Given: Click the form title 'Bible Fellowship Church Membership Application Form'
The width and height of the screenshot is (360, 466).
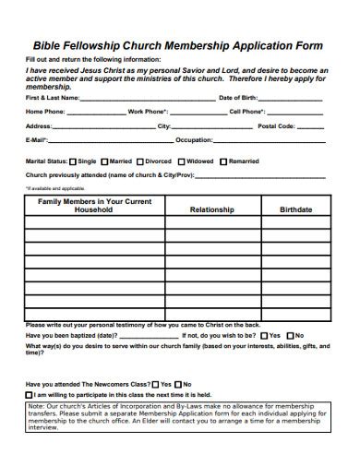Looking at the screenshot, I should tap(179, 42).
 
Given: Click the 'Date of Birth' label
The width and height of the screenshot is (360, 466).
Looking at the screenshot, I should tap(239, 97).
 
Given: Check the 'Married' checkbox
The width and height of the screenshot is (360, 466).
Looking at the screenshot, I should tap(104, 161).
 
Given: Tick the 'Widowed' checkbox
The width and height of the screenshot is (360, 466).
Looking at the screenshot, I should tap(181, 161).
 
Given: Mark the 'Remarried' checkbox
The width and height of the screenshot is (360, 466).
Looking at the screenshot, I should tap(222, 161).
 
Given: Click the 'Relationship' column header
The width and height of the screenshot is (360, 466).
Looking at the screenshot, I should tap(211, 210).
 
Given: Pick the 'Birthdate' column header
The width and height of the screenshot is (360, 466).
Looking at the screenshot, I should tap(295, 210).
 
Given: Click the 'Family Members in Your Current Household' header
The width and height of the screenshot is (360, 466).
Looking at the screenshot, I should tap(93, 205).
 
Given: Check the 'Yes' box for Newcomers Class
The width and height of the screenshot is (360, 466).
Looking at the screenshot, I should tap(155, 384).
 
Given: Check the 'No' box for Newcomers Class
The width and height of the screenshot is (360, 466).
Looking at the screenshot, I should tap(178, 384).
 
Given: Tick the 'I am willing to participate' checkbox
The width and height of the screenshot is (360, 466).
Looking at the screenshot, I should tap(30, 394).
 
